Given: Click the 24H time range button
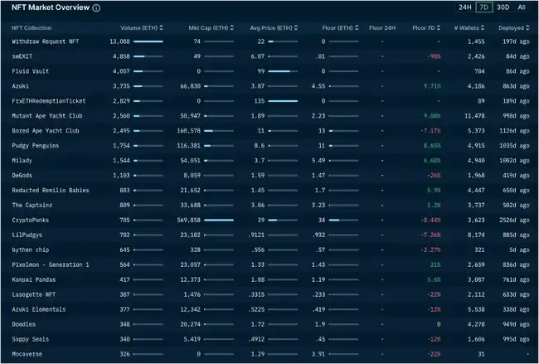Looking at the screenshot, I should (464, 7).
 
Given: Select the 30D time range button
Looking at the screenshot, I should (503, 7).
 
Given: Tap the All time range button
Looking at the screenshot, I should (522, 7).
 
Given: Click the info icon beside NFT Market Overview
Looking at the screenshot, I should (96, 8).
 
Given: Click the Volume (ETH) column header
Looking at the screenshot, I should (138, 27).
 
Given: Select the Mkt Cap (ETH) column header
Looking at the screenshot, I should (209, 27).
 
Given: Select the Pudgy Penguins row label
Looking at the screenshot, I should (35, 145).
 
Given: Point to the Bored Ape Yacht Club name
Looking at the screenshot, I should (46, 130).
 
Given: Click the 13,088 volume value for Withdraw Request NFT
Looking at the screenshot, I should (119, 41).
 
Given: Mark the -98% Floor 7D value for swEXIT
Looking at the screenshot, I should (434, 56).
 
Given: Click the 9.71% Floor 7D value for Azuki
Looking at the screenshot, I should (431, 85).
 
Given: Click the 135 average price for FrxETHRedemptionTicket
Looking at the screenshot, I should (260, 100).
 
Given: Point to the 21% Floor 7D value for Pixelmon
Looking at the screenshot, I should (435, 264).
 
